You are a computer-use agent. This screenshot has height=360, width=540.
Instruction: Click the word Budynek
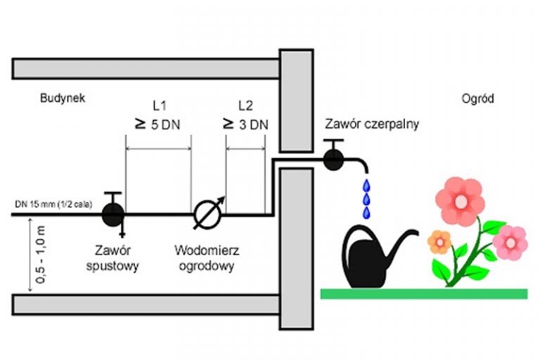(63, 98)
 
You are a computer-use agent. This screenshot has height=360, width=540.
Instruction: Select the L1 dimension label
(159, 106)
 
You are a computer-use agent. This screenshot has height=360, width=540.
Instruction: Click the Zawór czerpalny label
(373, 124)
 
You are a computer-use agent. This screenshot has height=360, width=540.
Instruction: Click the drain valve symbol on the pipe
(112, 213)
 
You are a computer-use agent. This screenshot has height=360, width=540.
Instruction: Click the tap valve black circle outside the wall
(333, 160)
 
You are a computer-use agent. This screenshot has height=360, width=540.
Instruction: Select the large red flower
(460, 201)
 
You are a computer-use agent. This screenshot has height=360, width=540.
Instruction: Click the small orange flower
(439, 242)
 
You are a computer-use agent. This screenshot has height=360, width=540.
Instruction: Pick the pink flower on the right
(510, 243)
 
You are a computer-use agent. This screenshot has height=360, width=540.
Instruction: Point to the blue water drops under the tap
(366, 199)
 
